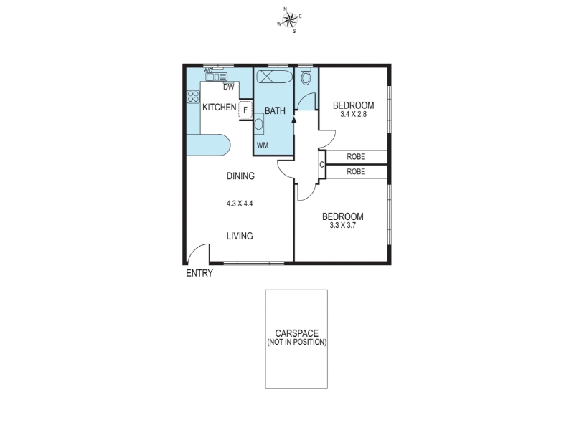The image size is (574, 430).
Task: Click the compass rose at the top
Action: (x=290, y=20)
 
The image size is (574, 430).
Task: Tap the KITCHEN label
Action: (x=220, y=107)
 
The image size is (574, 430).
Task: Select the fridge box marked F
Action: (x=245, y=110)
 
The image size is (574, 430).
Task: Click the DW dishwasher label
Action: (x=228, y=87)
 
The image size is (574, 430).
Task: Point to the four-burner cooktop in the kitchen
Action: (x=193, y=97)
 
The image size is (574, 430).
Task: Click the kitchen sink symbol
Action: (x=217, y=77)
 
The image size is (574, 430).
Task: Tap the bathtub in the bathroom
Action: (x=274, y=77)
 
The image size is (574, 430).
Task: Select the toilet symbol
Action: (x=306, y=77)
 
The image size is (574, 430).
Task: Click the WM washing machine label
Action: (x=263, y=145)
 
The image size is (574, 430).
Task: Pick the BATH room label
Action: (x=275, y=110)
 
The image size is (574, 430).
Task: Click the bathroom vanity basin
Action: (x=259, y=123)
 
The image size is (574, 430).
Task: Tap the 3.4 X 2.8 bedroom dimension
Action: (x=353, y=114)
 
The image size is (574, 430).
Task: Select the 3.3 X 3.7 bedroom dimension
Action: (x=343, y=225)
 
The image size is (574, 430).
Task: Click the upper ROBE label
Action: (x=356, y=156)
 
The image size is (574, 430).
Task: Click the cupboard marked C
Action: (x=321, y=165)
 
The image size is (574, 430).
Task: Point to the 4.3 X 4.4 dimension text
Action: (x=240, y=204)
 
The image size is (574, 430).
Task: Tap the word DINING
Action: (x=240, y=176)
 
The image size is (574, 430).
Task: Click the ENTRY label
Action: (x=199, y=273)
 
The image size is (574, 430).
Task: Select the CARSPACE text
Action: (x=296, y=333)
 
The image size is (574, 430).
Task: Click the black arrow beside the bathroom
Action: (x=293, y=118)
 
